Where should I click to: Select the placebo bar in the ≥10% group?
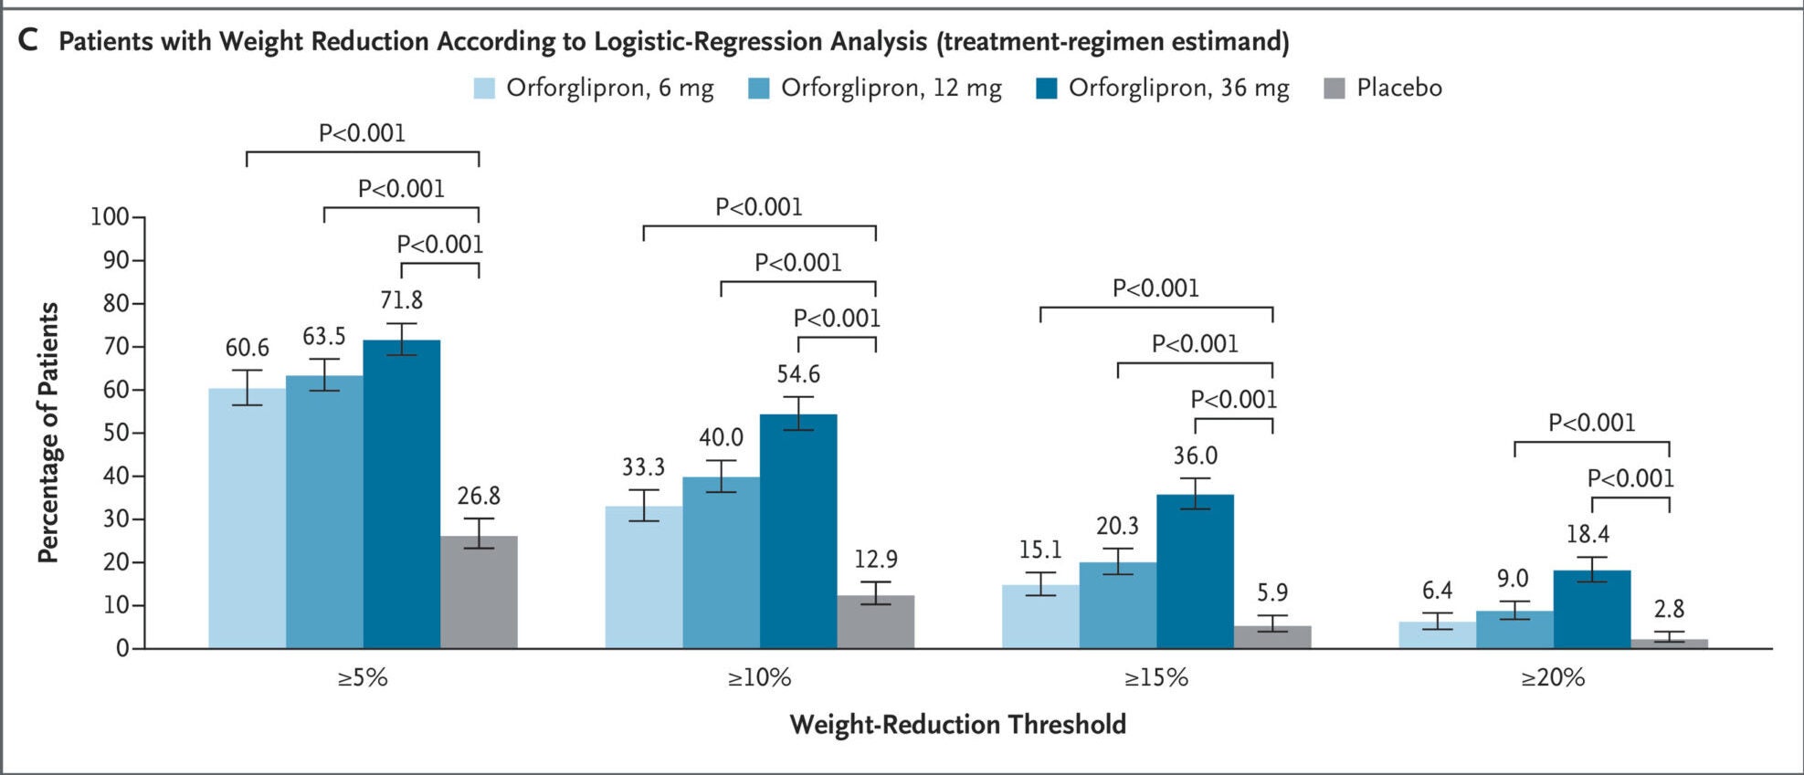click(875, 623)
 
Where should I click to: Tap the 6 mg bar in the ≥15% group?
click(1039, 617)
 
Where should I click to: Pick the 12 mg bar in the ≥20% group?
click(1514, 630)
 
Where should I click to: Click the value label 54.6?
click(798, 374)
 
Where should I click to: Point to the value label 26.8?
click(479, 497)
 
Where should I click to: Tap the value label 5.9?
click(1271, 593)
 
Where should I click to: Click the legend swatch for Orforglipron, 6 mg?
click(484, 89)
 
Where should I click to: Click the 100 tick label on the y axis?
click(110, 217)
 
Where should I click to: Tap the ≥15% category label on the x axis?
click(1155, 677)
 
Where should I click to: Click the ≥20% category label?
click(1552, 677)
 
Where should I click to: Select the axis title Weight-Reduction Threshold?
click(957, 725)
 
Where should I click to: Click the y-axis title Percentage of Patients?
click(48, 432)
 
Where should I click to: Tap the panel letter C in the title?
click(28, 41)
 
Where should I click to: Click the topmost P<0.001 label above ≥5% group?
click(362, 133)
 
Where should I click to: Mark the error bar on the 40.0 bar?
click(721, 476)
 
